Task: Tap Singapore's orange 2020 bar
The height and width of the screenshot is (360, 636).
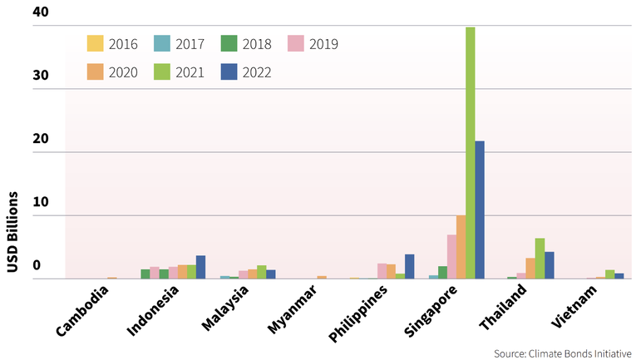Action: tap(461, 248)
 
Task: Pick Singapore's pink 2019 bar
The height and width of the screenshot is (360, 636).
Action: tap(451, 257)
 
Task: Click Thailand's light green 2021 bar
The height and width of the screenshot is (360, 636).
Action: tap(540, 259)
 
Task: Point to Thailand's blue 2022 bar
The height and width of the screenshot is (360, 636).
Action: tap(549, 265)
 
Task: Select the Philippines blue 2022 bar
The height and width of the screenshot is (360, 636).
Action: tap(409, 267)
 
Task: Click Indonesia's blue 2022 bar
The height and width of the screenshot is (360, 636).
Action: tap(200, 267)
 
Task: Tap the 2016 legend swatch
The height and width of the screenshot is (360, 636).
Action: tap(96, 44)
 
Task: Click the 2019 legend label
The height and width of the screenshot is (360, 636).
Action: tap(323, 44)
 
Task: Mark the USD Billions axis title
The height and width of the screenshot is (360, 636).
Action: tap(12, 231)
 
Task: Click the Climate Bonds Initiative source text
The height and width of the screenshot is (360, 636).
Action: tap(563, 353)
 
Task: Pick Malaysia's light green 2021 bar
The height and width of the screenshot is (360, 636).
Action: tap(261, 272)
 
